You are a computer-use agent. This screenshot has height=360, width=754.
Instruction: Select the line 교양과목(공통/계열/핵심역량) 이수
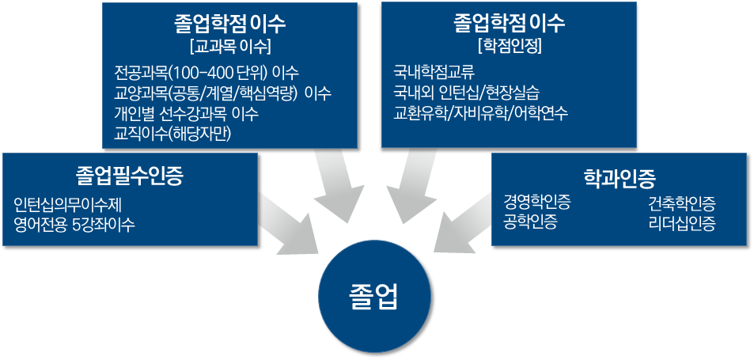pos(222,93)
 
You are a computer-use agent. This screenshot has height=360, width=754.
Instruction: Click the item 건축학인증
pos(682,203)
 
